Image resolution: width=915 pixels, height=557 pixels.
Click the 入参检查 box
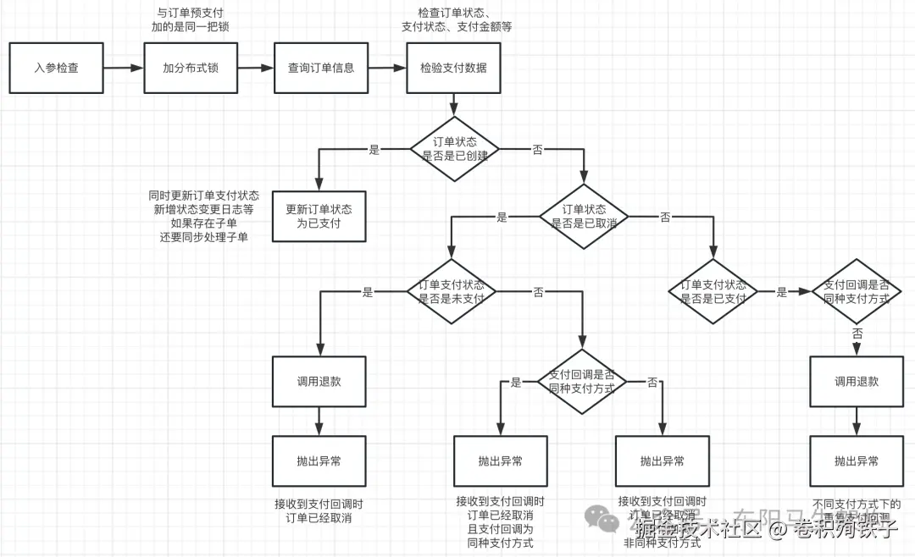[x=56, y=68]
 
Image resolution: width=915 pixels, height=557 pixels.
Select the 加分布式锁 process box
[x=191, y=68]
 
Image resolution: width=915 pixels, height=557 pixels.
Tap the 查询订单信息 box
[x=321, y=68]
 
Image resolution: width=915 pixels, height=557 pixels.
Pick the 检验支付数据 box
[x=453, y=68]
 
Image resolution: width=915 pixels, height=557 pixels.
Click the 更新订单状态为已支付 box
[x=319, y=217]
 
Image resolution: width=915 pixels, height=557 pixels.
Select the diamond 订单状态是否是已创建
[x=454, y=149]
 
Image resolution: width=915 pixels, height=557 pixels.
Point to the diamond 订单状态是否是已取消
[x=584, y=216]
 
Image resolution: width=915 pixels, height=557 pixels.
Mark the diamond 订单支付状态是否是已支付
[x=713, y=291]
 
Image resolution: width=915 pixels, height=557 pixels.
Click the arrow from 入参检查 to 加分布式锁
[x=124, y=68]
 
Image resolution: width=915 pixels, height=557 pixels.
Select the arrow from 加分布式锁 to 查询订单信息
[x=255, y=68]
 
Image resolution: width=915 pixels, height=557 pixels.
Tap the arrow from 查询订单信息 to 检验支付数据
[x=387, y=68]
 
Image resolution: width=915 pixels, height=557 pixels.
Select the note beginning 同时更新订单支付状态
[x=204, y=216]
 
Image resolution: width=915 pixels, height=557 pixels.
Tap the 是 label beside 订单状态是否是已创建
[x=374, y=150]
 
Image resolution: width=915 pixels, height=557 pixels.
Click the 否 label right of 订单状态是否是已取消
[x=665, y=217]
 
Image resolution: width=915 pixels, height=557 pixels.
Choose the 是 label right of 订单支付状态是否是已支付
[x=782, y=292]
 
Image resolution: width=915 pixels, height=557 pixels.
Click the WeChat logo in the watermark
[x=604, y=518]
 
